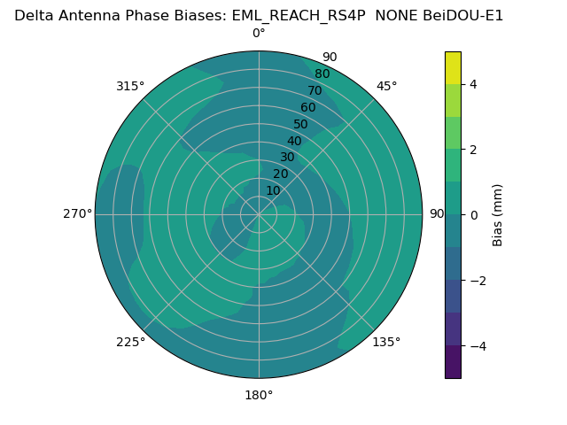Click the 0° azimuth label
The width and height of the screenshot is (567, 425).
[x=259, y=34]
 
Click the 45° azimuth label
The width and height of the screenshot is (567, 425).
[x=387, y=86]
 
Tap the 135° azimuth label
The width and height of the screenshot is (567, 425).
[x=387, y=342]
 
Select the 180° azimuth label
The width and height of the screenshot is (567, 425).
[x=259, y=395]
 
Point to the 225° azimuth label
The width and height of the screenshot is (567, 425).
[x=130, y=342]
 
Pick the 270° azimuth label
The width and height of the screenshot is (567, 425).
[x=77, y=213]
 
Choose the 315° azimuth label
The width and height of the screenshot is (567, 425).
[x=130, y=86]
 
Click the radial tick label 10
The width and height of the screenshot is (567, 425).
[x=273, y=190]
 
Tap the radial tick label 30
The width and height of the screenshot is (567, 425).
[x=287, y=158]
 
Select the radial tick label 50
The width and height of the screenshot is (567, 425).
[x=301, y=125]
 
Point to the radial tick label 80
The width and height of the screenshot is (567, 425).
[x=322, y=74]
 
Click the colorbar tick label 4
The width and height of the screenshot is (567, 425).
[x=473, y=84]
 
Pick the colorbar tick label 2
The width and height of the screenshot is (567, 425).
[x=473, y=150]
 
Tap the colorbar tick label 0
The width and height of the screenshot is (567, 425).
[x=473, y=215]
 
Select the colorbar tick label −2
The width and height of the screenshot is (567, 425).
[x=477, y=281]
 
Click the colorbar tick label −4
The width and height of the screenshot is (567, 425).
[x=477, y=346]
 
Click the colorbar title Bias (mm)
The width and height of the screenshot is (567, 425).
[x=498, y=215]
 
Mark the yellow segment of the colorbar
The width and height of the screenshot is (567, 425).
[x=453, y=67]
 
